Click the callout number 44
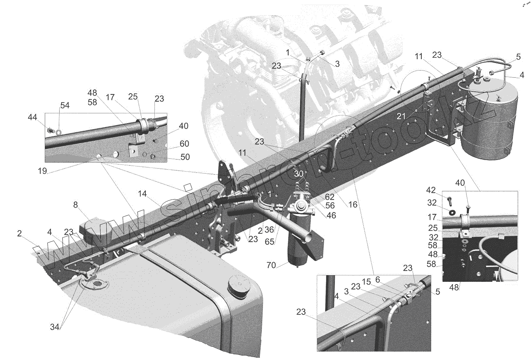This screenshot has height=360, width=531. tap(32, 118)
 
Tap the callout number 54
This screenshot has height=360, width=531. tap(65, 105)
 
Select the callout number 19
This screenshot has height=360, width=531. tap(42, 171)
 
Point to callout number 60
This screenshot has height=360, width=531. tap(184, 144)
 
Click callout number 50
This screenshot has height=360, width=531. tap(185, 157)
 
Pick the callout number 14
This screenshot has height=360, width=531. tap(142, 193)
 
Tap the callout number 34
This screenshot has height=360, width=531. tap(55, 327)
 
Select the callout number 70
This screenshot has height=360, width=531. tap(271, 266)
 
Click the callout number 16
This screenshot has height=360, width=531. tap(353, 205)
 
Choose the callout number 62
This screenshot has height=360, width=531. tap(329, 197)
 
